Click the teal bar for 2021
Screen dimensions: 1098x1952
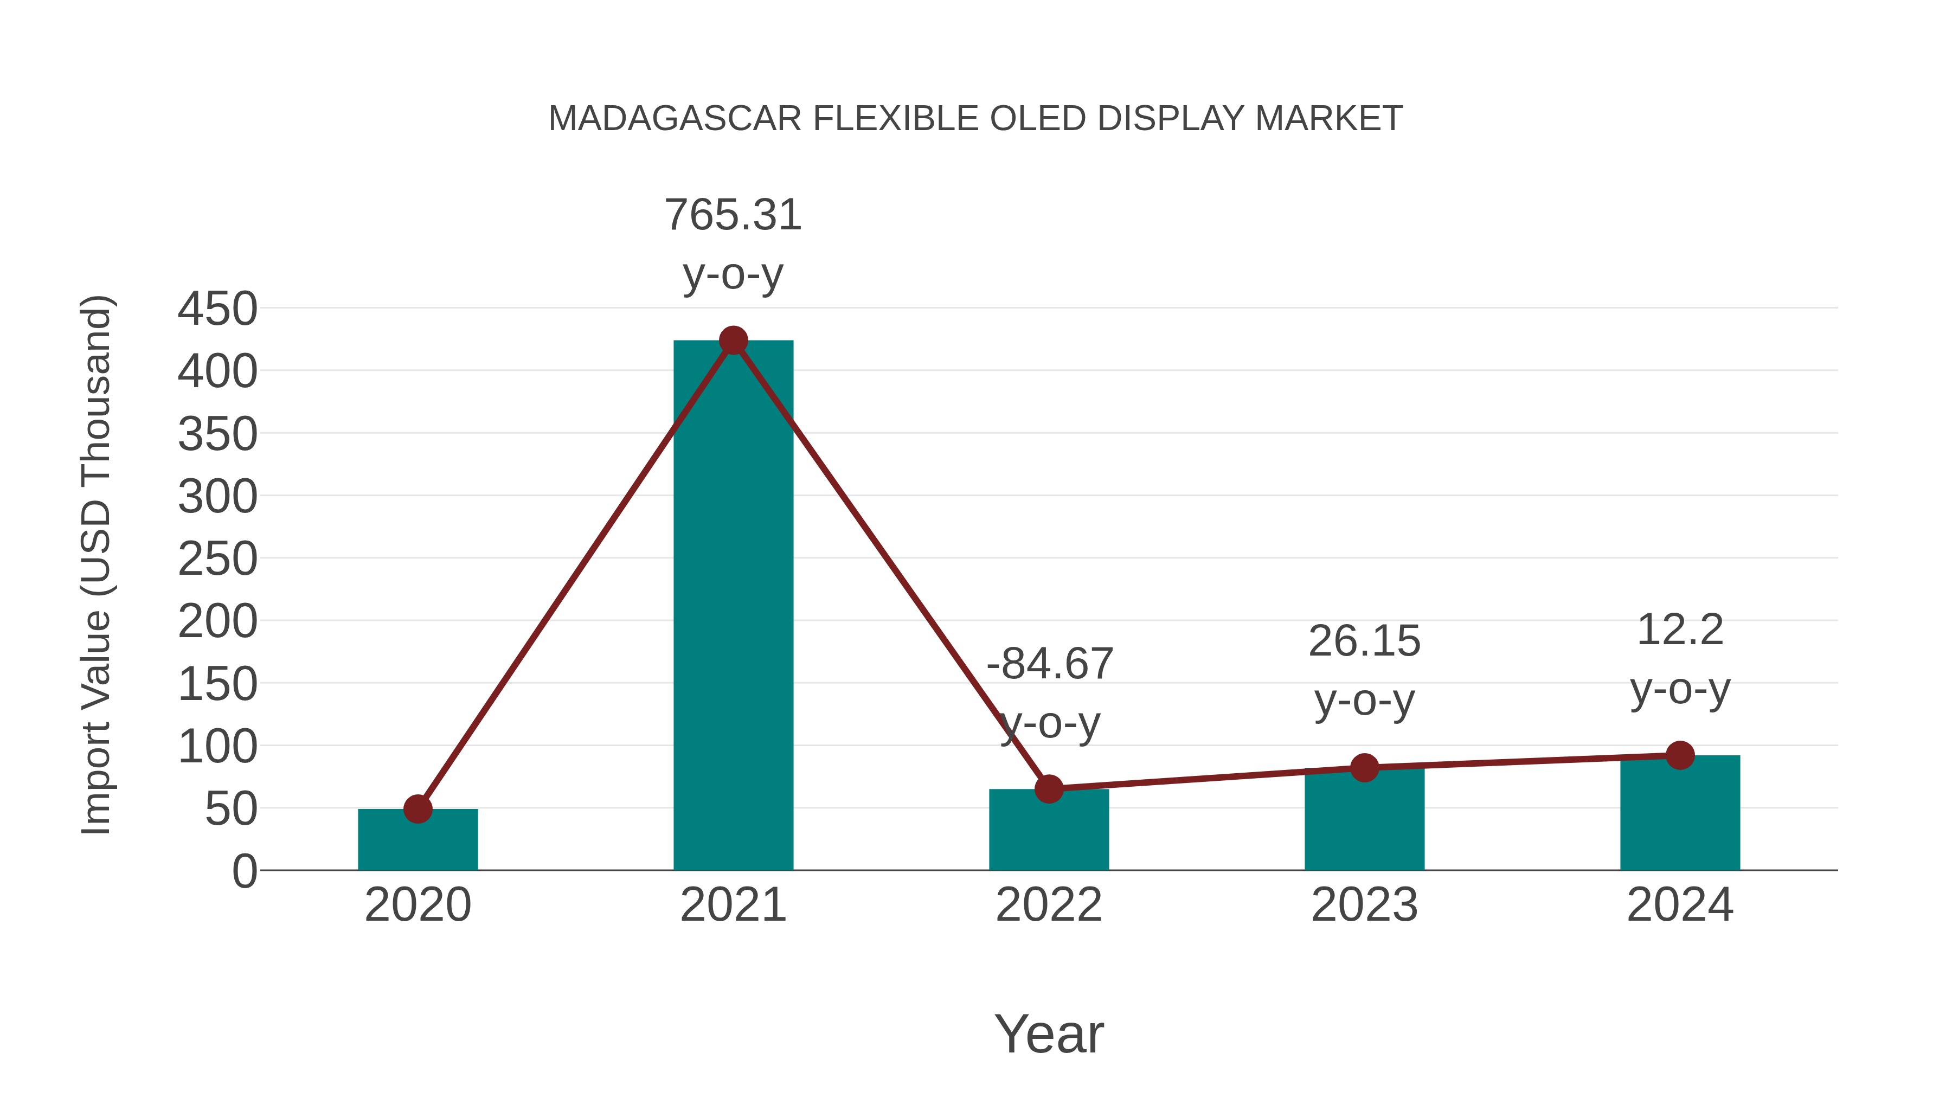coord(733,606)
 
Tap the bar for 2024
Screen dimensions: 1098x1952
coord(1679,814)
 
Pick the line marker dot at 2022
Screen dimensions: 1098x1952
coord(1049,789)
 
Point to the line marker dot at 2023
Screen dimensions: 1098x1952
coord(1364,768)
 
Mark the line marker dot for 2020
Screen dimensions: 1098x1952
coord(418,810)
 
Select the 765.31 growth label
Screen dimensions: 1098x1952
coord(733,215)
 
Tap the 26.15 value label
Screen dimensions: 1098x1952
coord(1364,642)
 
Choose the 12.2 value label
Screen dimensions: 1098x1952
coord(1679,631)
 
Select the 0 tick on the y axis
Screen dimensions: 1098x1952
coord(244,871)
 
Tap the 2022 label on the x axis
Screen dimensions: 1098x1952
coord(1049,905)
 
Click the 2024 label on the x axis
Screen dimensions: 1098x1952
coord(1679,905)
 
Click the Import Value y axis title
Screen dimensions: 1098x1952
coord(97,564)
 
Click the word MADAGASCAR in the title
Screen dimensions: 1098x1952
coord(675,119)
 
